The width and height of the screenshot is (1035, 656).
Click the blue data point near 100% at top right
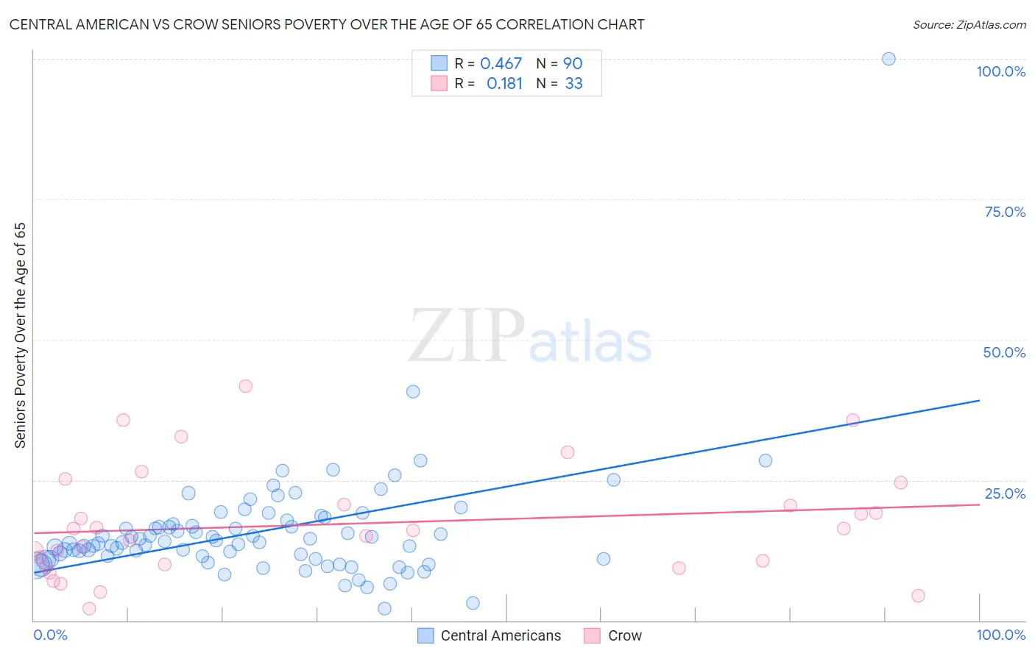pyautogui.click(x=889, y=59)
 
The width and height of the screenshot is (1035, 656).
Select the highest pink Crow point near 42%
pyautogui.click(x=246, y=386)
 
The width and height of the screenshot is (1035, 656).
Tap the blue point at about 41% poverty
pyautogui.click(x=413, y=391)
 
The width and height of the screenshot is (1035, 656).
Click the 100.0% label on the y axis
pyautogui.click(x=1000, y=71)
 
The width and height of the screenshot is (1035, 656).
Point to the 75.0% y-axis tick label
pyautogui.click(x=1005, y=212)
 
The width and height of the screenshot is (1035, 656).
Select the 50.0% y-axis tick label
pyautogui.click(x=1004, y=352)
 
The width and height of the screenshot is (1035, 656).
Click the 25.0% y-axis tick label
pyautogui.click(x=1005, y=493)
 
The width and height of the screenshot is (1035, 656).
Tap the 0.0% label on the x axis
pyautogui.click(x=50, y=635)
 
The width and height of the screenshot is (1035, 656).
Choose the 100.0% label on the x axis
pyautogui.click(x=1000, y=635)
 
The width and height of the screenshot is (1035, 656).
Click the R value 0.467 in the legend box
pyautogui.click(x=501, y=64)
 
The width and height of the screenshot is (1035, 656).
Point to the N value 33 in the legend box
pyautogui.click(x=573, y=84)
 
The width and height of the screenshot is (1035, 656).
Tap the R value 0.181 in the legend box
pyautogui.click(x=504, y=84)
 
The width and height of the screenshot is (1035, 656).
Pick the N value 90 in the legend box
pyautogui.click(x=573, y=64)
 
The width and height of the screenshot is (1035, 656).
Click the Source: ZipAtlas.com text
pyautogui.click(x=969, y=25)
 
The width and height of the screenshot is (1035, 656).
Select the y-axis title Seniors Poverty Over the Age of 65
pyautogui.click(x=20, y=335)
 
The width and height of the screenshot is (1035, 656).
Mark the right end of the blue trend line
pyautogui.click(x=979, y=400)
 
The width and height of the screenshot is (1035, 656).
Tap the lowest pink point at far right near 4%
pyautogui.click(x=918, y=596)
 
